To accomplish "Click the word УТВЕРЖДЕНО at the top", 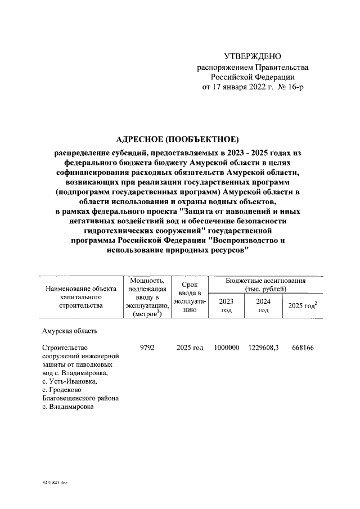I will click(x=253, y=56).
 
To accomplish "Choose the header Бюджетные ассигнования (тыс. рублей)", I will click(x=265, y=284).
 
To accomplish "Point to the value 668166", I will click(x=303, y=348).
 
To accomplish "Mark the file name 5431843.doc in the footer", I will click(x=54, y=483).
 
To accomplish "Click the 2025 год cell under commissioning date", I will click(x=188, y=348).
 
